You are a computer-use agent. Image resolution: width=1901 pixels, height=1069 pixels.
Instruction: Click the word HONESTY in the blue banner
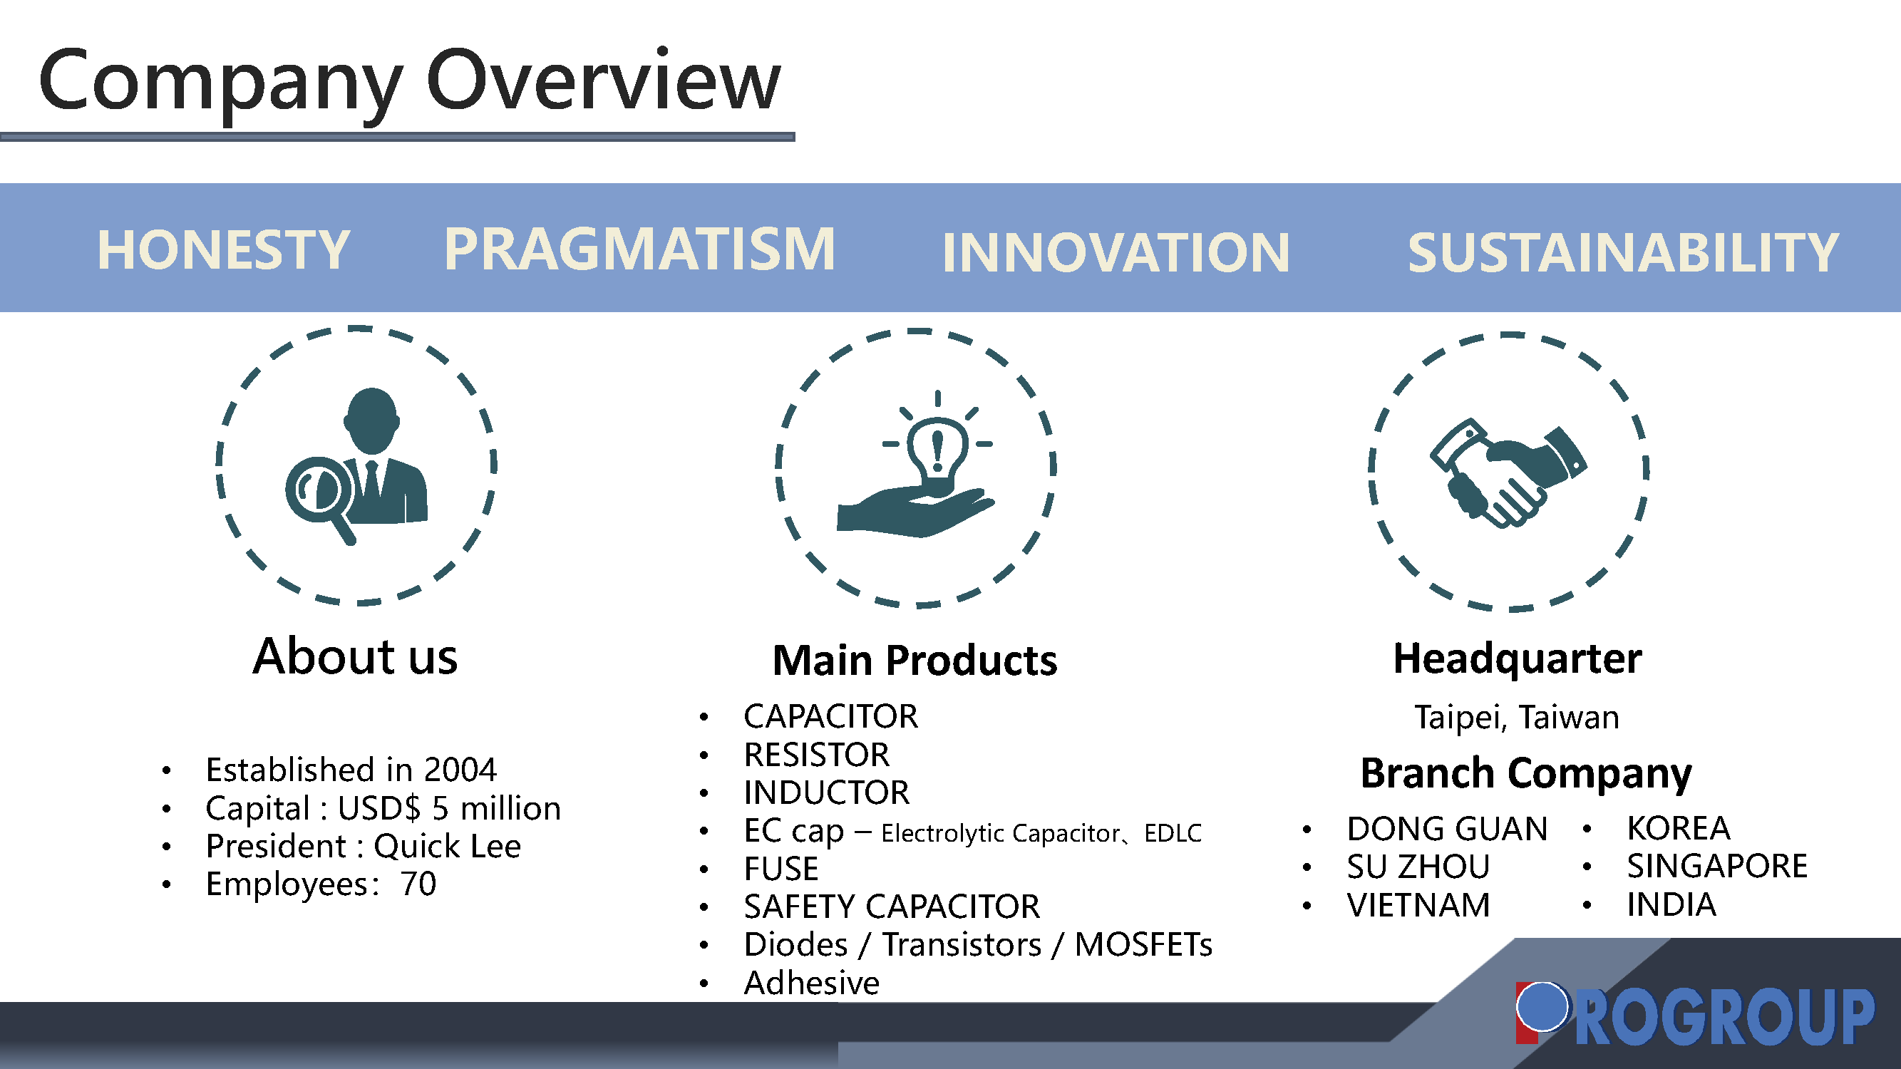pos(224,249)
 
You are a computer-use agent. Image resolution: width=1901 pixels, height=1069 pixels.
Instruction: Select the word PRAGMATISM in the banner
pos(640,249)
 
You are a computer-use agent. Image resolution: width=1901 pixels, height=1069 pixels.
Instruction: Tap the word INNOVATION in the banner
pos(1116,252)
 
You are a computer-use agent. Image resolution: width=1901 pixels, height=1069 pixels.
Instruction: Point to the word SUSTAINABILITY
pos(1623,252)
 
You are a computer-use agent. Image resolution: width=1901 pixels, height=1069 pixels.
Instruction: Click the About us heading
pos(355,656)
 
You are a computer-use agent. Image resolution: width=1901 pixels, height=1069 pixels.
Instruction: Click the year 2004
pos(460,770)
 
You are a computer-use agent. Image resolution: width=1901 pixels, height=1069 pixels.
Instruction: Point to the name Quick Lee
pos(447,846)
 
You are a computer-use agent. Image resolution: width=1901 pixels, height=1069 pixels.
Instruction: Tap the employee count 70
pos(418,884)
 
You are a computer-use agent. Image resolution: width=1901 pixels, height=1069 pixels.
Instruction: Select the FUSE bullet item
pos(781,868)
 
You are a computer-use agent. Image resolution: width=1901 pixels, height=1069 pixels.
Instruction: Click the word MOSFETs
pos(1143,944)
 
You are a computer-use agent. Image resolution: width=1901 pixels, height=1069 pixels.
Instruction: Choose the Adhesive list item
pos(812,983)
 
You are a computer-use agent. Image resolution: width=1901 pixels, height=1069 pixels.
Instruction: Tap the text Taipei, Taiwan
pos(1517,717)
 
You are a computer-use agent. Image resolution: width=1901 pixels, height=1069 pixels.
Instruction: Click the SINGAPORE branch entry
pos(1717,866)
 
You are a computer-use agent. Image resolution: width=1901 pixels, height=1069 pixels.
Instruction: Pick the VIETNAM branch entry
pos(1418,904)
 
